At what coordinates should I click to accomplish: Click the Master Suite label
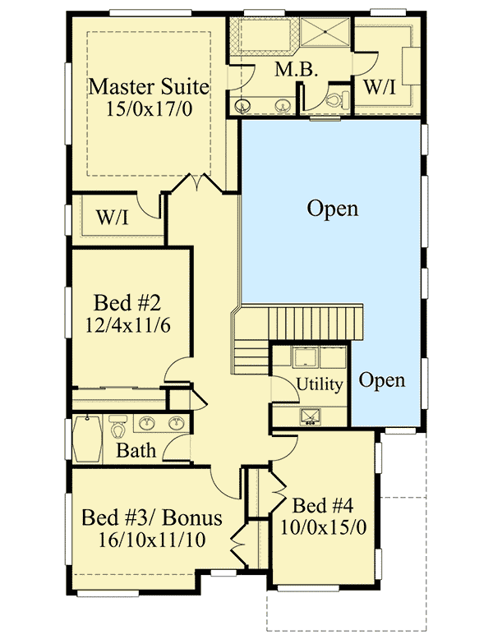coord(149,86)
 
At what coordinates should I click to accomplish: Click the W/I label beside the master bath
coord(379,86)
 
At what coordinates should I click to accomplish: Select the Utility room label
coord(320,384)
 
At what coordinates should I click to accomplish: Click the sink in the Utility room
coord(311,416)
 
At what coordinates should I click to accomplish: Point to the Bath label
coord(136,450)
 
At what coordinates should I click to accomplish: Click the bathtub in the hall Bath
coord(85,438)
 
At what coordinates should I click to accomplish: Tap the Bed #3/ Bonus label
coord(151,518)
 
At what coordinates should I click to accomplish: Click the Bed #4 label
coord(321,504)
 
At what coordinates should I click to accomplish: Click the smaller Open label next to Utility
coord(382,380)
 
